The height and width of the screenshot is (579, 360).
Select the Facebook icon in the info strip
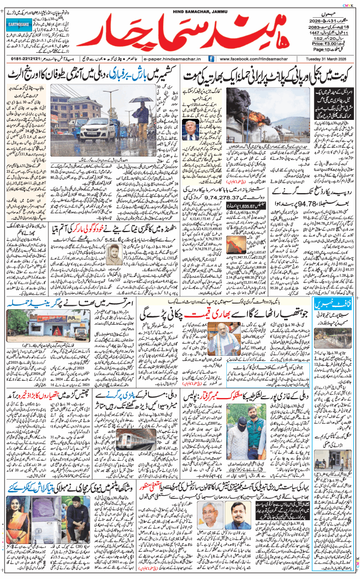210,58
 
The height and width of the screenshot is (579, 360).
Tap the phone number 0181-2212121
25,58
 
